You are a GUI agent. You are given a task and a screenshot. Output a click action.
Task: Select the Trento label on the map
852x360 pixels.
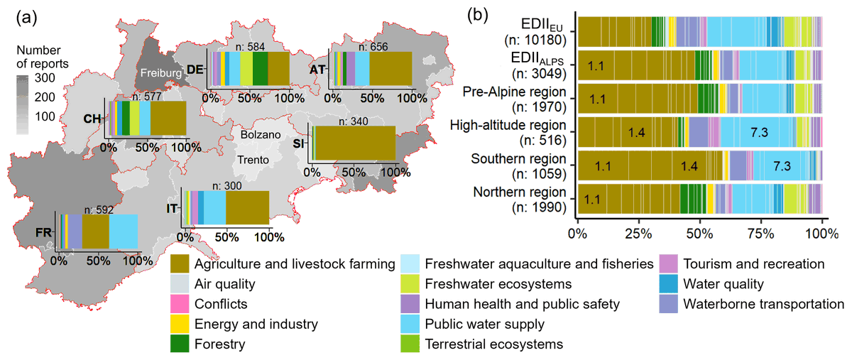pyautogui.click(x=253, y=160)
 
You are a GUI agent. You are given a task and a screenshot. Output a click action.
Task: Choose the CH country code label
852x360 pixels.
pyautogui.click(x=92, y=119)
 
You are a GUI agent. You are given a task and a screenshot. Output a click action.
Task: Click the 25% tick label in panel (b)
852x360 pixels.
pyautogui.click(x=638, y=231)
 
